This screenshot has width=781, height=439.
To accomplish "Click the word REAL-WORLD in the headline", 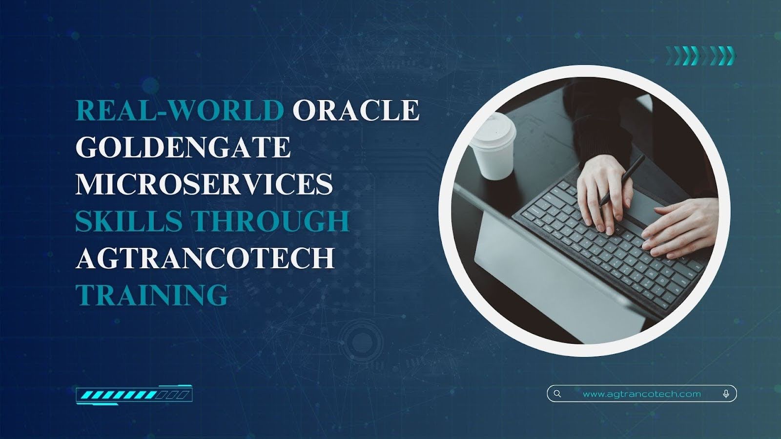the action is pos(180,110).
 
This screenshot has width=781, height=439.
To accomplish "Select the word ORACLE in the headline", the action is pos(356,110).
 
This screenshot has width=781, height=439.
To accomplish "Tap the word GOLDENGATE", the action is pos(183,147).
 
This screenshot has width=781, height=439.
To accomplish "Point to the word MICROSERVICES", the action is pos(205,184).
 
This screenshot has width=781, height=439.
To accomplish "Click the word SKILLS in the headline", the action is pos(129,221).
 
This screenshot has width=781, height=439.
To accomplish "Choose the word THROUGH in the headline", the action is pos(271,221).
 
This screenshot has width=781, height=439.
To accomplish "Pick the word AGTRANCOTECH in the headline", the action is pos(205,258).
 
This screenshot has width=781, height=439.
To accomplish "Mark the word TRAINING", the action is pos(152,295).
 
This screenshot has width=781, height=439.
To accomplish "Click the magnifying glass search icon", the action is pos(557,394).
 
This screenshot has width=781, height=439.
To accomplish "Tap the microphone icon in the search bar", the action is pos(726,394).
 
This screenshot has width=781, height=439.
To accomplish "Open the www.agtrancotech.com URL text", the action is pos(642,394).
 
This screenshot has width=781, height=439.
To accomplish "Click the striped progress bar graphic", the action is pos(134,395).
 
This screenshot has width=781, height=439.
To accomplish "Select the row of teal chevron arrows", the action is pos(701,56).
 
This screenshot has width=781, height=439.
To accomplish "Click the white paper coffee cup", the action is pos(493,147).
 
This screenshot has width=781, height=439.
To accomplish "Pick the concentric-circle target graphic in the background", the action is pos(363,339).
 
